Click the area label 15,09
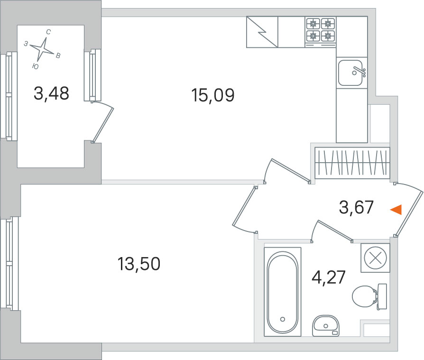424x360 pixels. click(x=212, y=95)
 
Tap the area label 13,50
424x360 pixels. click(x=138, y=264)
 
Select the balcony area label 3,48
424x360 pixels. click(x=51, y=93)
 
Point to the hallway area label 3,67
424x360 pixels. click(x=356, y=207)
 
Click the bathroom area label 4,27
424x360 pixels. click(x=329, y=277)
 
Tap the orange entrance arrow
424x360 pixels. click(x=396, y=210)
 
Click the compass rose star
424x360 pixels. click(x=42, y=49)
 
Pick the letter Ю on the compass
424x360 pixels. click(x=35, y=66)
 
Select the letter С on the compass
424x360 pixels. click(x=48, y=32)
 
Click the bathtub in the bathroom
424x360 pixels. click(x=283, y=292)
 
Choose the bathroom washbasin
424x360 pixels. click(x=326, y=326)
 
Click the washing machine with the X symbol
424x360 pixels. click(x=375, y=258)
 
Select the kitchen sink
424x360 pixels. click(x=350, y=73)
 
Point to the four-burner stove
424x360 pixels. click(x=321, y=32)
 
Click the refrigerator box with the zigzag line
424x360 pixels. click(x=262, y=32)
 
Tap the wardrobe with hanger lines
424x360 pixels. click(x=352, y=163)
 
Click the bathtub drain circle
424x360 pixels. click(x=283, y=319)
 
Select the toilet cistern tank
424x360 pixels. click(x=382, y=296)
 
